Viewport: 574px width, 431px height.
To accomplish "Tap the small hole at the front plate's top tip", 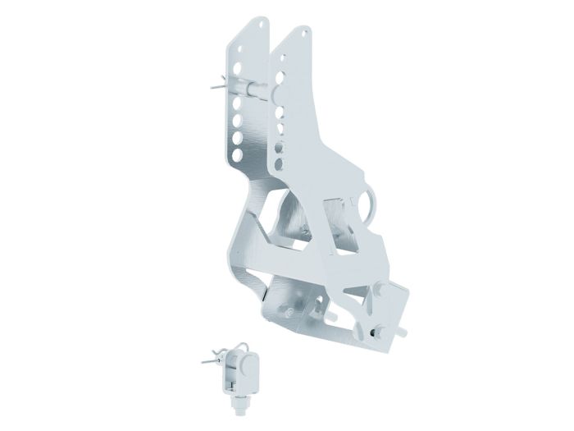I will pyautogui.click(x=306, y=34).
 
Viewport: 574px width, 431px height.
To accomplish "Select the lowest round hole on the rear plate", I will pyautogui.click(x=237, y=154).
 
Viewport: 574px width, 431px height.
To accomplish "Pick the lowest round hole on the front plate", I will pyautogui.click(x=279, y=163).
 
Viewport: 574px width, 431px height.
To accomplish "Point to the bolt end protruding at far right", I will pyautogui.click(x=404, y=332).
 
